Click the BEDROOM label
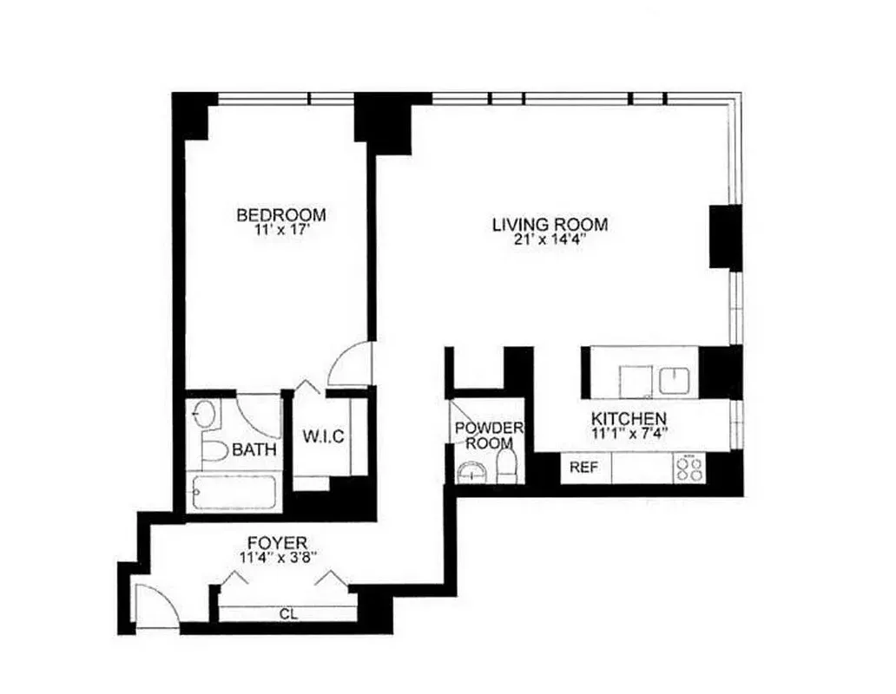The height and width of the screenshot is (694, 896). tap(281, 215)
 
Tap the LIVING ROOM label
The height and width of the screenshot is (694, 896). tap(550, 225)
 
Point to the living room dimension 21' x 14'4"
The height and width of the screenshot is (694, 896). tap(550, 241)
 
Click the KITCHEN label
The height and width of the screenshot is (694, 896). tap(629, 418)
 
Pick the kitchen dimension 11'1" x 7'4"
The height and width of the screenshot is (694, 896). tap(629, 434)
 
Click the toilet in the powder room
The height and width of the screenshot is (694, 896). tap(508, 467)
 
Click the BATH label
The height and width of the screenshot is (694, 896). tap(254, 450)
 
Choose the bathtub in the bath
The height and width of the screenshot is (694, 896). tap(234, 493)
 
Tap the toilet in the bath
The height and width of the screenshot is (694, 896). tap(212, 449)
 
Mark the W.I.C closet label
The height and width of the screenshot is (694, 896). tap(323, 436)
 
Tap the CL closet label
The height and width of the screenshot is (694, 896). tap(287, 614)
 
